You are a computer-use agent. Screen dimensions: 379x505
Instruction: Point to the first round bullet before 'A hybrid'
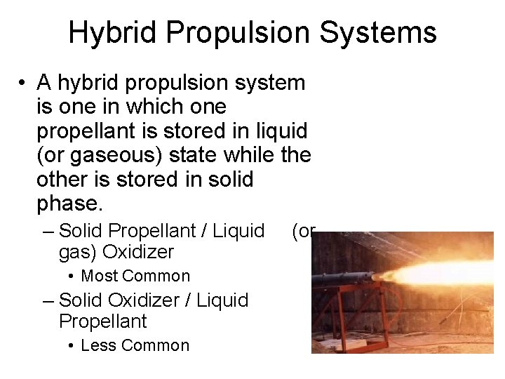coord(24,84)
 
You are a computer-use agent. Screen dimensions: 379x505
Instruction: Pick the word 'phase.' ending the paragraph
coord(69,203)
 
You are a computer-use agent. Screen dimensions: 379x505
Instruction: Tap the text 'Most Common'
coord(135,276)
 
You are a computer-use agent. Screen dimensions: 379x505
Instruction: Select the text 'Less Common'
coord(135,345)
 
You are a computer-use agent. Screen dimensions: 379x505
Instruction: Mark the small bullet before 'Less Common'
coord(72,346)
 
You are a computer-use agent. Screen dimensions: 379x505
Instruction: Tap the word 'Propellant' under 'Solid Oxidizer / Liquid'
coord(103,321)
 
